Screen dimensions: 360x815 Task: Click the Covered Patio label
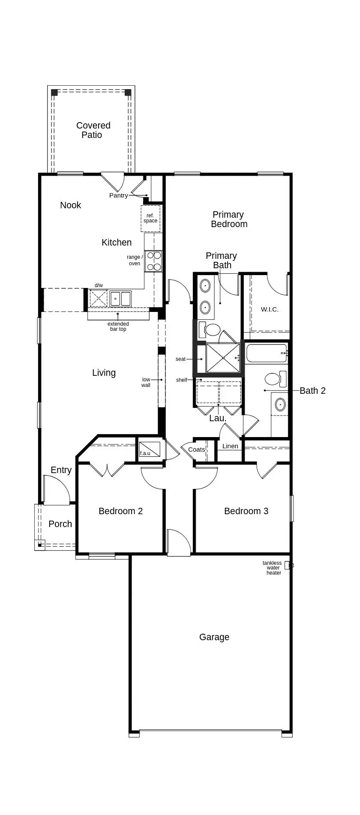click(x=93, y=130)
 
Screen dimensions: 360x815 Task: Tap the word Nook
click(x=70, y=205)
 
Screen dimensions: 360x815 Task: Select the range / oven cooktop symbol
click(x=153, y=261)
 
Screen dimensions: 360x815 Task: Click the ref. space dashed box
click(x=150, y=219)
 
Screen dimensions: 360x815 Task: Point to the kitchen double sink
click(x=120, y=299)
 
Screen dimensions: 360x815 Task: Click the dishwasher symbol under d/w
click(x=98, y=298)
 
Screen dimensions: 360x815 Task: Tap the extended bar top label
click(x=118, y=327)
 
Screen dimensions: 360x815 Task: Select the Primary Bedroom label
click(x=229, y=219)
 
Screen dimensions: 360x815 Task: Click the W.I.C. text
click(x=270, y=309)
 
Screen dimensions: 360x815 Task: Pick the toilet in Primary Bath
click(x=210, y=330)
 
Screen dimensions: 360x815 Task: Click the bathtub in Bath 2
click(x=266, y=353)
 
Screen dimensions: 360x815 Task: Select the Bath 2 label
click(x=312, y=391)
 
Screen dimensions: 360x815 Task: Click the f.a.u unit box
click(x=150, y=449)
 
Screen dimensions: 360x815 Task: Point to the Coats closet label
click(x=197, y=449)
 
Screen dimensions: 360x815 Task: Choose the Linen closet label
click(x=230, y=446)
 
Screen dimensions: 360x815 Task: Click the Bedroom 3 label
click(x=246, y=511)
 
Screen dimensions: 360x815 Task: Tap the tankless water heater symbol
click(x=288, y=565)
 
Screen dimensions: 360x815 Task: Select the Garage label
click(x=214, y=637)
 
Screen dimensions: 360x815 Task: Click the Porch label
click(x=60, y=524)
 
